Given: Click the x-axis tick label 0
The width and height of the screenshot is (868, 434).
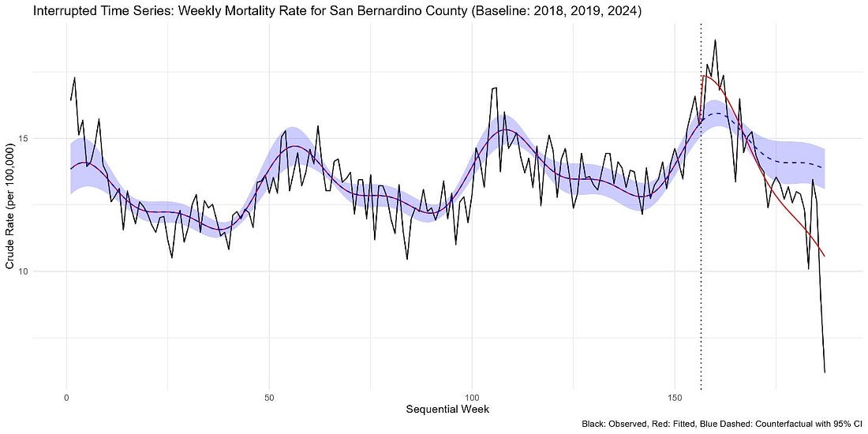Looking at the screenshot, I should (x=66, y=394).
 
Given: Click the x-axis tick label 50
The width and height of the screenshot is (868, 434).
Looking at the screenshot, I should (x=269, y=394).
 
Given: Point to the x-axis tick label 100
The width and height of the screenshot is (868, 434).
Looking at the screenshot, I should (x=472, y=394).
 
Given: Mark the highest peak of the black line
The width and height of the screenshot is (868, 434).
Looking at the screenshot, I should (x=715, y=40).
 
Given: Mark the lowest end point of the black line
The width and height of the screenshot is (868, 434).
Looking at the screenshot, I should (x=825, y=372).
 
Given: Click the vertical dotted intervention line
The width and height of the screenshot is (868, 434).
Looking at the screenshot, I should (x=701, y=237).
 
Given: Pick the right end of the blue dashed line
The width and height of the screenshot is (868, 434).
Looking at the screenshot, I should (x=824, y=167).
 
